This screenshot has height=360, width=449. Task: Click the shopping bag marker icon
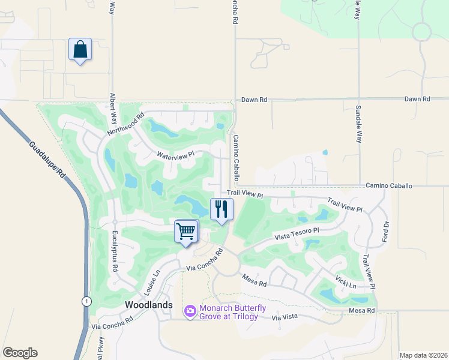point(80,50)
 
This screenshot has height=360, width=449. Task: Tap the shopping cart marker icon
point(186,231)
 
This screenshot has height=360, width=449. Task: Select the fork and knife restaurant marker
point(221,209)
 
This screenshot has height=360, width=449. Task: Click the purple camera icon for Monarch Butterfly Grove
point(190,310)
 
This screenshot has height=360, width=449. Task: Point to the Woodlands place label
point(149,305)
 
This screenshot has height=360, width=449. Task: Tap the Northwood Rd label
point(126,124)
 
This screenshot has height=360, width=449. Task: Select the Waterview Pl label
point(175,155)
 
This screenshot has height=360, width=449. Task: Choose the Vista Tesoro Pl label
point(297,233)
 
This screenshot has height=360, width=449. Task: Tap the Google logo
point(20,353)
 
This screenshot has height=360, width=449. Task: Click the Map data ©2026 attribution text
point(423,355)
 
